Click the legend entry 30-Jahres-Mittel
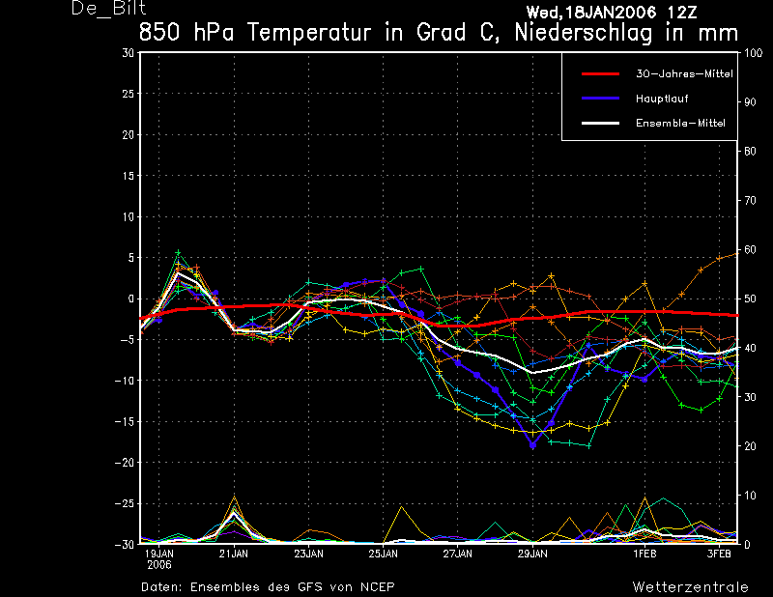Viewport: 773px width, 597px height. pos(684,74)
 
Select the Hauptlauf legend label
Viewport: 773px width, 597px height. pos(662,99)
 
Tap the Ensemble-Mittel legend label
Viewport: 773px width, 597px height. pos(680,124)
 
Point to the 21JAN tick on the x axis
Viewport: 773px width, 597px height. pos(234,554)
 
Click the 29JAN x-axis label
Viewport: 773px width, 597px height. pos(532,554)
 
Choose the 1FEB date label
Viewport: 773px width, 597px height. pos(644,554)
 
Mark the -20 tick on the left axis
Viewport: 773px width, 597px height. pos(125,463)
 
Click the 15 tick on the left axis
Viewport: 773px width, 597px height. pos(129,176)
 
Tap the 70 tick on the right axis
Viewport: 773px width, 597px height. pos(750,201)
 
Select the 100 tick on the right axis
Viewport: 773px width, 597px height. pos(753,53)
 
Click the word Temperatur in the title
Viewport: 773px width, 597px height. pos(309,33)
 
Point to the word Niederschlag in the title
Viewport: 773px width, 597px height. pos(584,34)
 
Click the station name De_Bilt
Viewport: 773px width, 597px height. pos(109,9)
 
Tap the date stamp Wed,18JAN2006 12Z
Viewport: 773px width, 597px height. pos(612,12)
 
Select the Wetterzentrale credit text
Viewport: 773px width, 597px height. pos(690,587)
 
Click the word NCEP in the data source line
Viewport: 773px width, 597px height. pos(377,587)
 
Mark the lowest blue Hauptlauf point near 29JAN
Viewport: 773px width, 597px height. pos(532,445)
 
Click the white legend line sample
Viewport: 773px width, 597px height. pos(600,124)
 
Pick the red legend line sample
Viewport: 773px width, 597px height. pos(600,74)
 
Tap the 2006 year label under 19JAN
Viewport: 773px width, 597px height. pos(159,565)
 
